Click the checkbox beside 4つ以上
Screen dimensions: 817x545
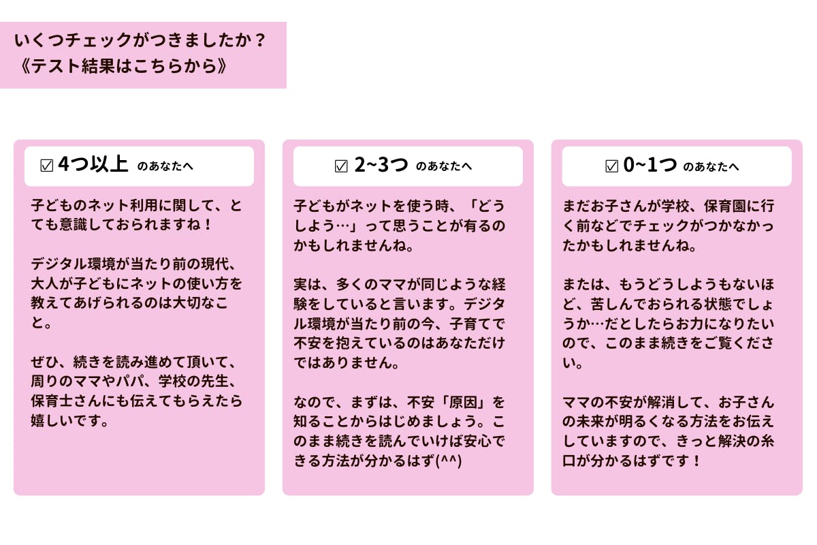pyautogui.click(x=47, y=166)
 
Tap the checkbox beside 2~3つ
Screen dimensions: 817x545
pyautogui.click(x=341, y=166)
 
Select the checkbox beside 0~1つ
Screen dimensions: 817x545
pyautogui.click(x=611, y=166)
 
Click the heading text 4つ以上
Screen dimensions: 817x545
pyautogui.click(x=93, y=164)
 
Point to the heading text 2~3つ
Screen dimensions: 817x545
pyautogui.click(x=381, y=164)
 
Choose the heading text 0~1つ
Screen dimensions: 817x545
pyautogui.click(x=650, y=164)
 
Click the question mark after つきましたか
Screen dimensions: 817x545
pyautogui.click(x=260, y=40)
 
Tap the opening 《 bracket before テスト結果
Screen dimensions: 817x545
pyautogui.click(x=26, y=67)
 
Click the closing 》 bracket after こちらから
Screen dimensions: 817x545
pyautogui.click(x=222, y=67)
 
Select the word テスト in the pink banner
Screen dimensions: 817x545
pyautogui.click(x=56, y=67)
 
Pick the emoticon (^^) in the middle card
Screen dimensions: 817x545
pyautogui.click(x=449, y=461)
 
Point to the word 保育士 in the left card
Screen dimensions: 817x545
pyautogui.click(x=52, y=401)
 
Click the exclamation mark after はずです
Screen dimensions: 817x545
pyautogui.click(x=696, y=461)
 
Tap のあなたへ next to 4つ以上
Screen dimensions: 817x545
pyautogui.click(x=165, y=166)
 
